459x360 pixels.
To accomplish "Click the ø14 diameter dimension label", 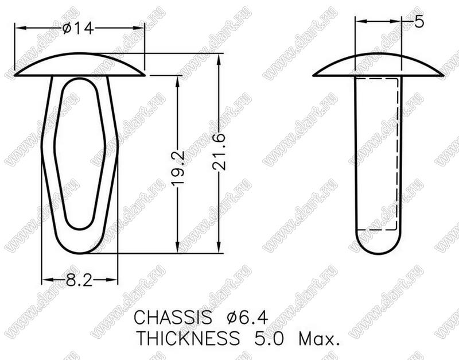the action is coord(78,29).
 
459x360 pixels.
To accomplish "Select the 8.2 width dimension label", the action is coord(79,280).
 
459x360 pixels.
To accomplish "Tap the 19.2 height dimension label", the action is coord(178,168).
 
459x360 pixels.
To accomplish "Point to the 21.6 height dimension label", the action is coord(219,152).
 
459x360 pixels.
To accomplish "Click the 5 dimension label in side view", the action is coord(419,21).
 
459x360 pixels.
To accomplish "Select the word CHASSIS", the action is coord(173,317).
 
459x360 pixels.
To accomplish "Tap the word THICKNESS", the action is coord(188,338).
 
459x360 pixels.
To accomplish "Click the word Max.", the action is coord(319,339).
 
